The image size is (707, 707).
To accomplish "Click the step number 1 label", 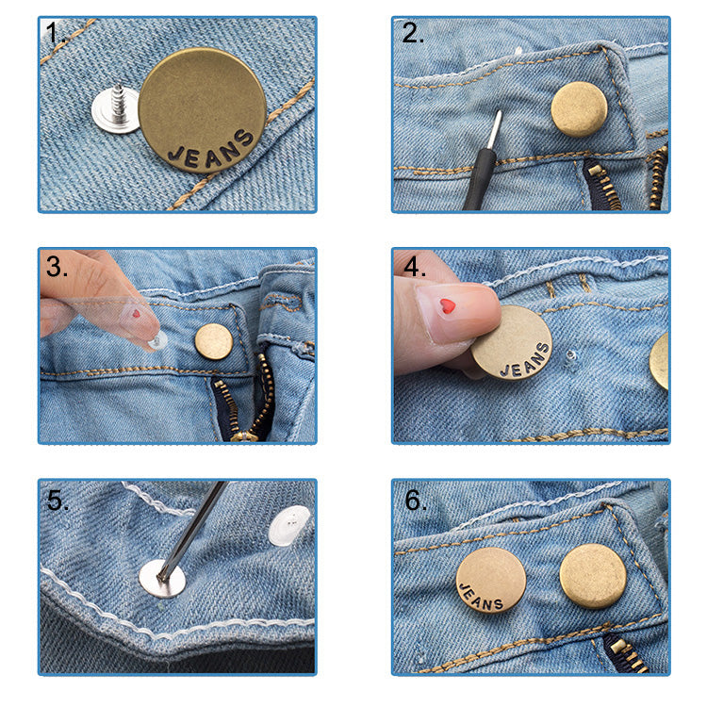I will (x=54, y=35).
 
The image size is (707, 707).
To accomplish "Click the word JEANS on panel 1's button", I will (x=211, y=150).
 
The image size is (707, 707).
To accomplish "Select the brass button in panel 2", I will (x=579, y=109).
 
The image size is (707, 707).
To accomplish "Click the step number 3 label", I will (x=57, y=267).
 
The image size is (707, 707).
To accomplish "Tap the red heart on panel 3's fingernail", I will (x=135, y=312).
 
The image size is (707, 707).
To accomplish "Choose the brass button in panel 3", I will (x=213, y=341).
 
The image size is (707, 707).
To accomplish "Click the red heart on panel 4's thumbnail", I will (x=447, y=305).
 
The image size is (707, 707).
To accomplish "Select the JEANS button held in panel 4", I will (x=512, y=342).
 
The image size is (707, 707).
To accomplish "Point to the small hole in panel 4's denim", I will (x=570, y=356).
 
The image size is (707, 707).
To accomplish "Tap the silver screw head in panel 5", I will (x=162, y=576).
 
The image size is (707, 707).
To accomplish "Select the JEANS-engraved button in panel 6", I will (x=491, y=580).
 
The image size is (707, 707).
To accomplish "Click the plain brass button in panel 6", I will (x=592, y=575).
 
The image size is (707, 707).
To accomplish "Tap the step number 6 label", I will (x=416, y=501).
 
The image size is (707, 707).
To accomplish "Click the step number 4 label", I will (x=416, y=268).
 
